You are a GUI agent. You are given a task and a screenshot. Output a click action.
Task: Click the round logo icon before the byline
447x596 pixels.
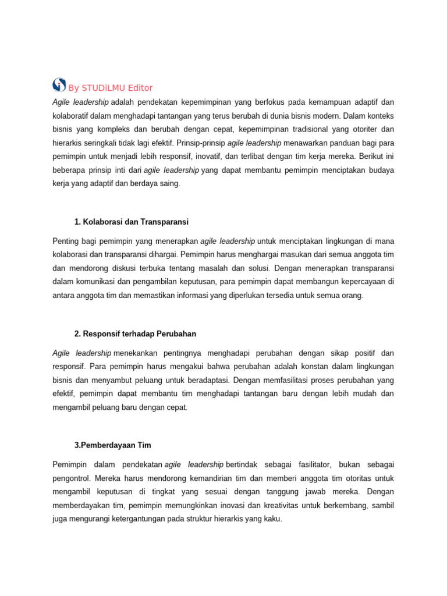pos(59,85)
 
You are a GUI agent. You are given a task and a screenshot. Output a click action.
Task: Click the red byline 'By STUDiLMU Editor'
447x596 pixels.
pos(111,88)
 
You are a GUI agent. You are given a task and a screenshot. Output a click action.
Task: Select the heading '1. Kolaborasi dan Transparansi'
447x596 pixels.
pos(132,222)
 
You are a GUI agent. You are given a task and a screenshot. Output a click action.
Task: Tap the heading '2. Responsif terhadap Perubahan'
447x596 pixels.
pos(135,334)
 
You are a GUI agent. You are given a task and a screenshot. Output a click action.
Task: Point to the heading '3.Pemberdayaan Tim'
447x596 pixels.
pos(112,445)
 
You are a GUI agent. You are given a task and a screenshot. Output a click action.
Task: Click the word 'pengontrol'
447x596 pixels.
pos(72,478)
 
